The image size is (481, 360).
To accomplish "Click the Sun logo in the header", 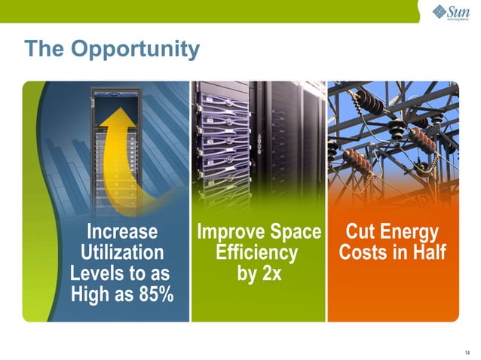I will [449, 14].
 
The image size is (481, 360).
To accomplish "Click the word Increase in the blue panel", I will [122, 230].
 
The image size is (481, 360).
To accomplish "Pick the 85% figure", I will [149, 294].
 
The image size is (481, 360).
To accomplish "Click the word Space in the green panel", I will [294, 230].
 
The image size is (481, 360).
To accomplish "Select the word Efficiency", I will [257, 252].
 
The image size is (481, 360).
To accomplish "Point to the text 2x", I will [269, 273].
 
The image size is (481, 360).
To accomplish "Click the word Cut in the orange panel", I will [360, 230].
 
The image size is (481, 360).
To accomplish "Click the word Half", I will [427, 252].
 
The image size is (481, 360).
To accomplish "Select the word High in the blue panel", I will [91, 294].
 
